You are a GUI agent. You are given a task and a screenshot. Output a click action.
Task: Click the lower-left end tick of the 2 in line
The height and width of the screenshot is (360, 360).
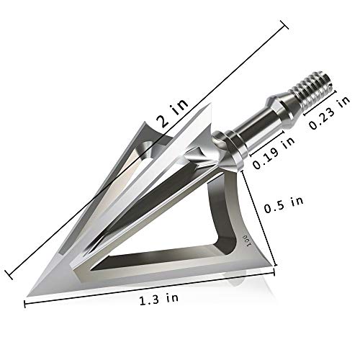click(x=9, y=272)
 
